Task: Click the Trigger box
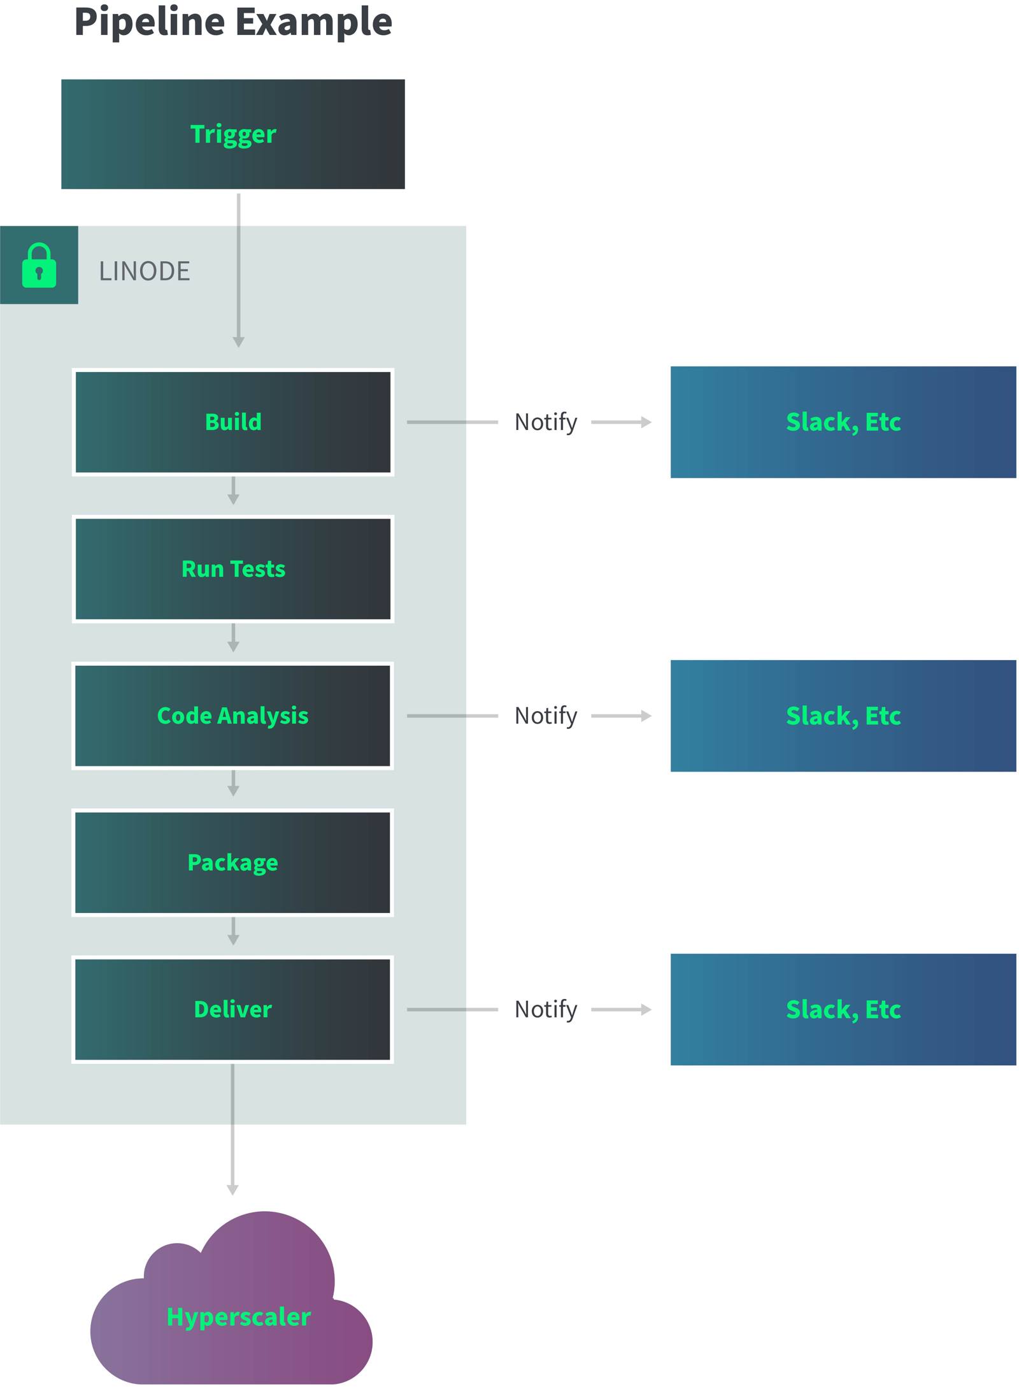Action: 232,134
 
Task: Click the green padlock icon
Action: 39,266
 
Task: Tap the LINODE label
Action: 145,271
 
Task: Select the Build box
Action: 232,422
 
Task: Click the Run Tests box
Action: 232,568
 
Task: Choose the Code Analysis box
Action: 232,715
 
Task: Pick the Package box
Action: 232,862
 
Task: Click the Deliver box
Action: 232,1009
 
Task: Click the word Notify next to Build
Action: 546,422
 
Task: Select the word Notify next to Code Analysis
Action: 546,715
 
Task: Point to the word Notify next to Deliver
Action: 546,1009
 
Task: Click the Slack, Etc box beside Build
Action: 843,422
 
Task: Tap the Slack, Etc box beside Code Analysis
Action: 843,715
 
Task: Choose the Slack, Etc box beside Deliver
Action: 843,1009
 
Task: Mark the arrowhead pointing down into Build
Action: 239,342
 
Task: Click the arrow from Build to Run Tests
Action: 233,491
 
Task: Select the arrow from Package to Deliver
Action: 233,931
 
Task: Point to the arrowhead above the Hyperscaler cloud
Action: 232,1189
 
